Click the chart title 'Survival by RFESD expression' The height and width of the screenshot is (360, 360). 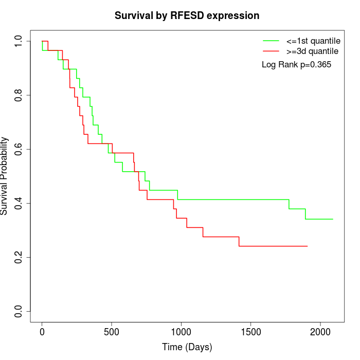(x=187, y=15)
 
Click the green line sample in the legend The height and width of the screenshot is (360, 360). (x=271, y=41)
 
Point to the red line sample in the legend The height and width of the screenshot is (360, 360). (x=271, y=51)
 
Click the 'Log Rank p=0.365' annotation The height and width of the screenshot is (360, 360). (x=296, y=65)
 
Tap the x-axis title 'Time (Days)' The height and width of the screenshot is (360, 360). (x=187, y=347)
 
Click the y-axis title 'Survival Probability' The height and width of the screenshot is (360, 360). (x=5, y=175)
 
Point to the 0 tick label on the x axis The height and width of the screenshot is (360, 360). (x=42, y=331)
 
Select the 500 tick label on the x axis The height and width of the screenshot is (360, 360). (x=112, y=331)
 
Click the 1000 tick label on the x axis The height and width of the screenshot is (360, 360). (x=181, y=331)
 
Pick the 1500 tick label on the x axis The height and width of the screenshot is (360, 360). (x=250, y=331)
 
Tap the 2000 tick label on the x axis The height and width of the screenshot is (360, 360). (x=320, y=331)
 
